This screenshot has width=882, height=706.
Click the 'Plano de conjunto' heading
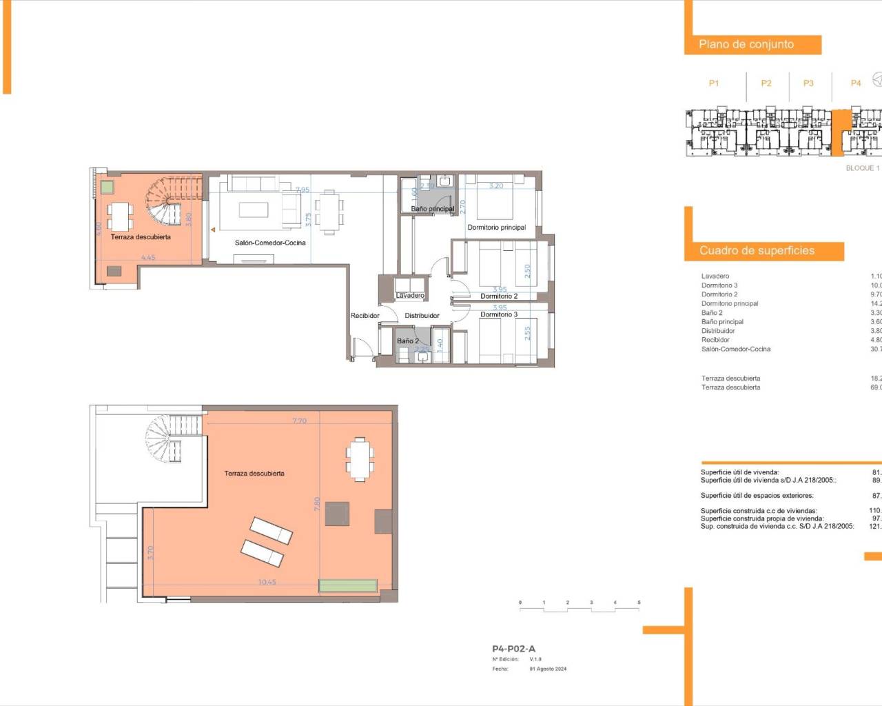coord(746,44)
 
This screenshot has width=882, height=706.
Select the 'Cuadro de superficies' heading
coord(757,250)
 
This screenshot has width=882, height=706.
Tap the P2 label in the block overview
coord(766,83)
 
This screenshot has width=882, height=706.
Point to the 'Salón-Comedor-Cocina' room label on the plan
coord(270,243)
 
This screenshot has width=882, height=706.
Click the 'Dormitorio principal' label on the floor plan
coord(496,228)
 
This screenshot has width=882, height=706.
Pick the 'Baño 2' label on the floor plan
coord(407,341)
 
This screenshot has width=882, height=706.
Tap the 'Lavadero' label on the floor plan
coord(410,295)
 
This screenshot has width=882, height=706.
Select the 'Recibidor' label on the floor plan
coord(365,316)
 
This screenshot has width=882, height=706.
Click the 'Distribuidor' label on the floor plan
coord(422,316)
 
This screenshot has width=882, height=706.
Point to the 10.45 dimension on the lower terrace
coord(267,582)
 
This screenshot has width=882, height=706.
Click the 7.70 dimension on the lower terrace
coord(299,421)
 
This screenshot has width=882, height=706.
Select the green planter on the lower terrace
coord(348,586)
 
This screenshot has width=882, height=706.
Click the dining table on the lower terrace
coord(359,458)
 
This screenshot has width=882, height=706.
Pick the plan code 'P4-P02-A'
coord(513,649)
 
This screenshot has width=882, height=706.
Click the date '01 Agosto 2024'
coord(548,669)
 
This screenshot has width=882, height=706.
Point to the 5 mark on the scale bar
coord(639,603)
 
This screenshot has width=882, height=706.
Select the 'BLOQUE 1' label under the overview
coord(862,168)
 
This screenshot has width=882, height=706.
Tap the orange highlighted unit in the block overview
coord(841,131)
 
